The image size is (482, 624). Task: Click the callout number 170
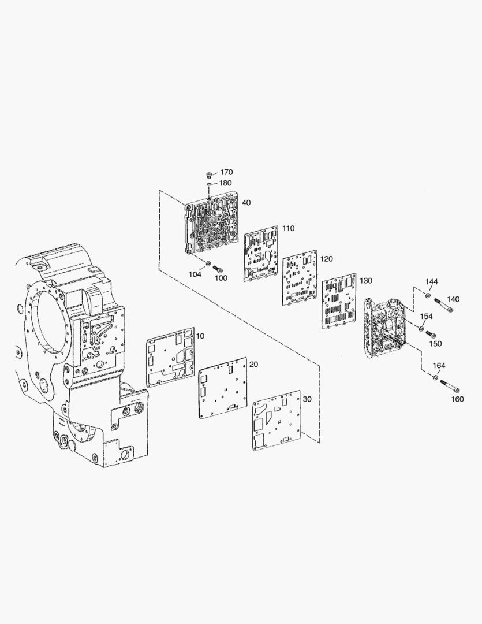[226, 172]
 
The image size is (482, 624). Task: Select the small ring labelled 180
[209, 184]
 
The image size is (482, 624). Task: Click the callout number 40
[246, 203]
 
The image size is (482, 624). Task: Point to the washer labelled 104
[208, 263]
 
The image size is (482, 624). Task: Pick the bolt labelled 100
[217, 268]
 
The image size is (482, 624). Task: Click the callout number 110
[288, 228]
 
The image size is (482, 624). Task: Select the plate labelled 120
[300, 278]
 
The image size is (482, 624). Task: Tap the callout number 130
[365, 281]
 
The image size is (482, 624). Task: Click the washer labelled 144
[428, 295]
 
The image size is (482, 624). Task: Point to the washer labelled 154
[421, 329]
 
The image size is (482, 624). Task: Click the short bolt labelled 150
[429, 334]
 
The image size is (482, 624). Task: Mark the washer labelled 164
[435, 377]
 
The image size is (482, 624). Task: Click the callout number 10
[200, 336]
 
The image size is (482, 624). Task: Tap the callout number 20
[254, 365]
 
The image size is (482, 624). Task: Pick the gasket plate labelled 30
[277, 421]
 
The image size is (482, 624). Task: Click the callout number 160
[457, 399]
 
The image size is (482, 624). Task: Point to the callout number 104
[195, 274]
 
